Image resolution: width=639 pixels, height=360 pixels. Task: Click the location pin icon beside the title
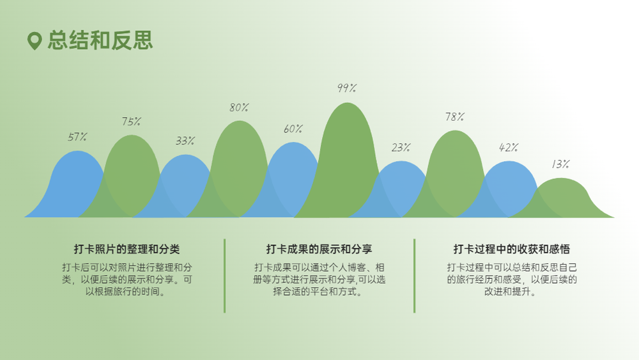[35, 41]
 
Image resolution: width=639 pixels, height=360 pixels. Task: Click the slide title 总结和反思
[100, 40]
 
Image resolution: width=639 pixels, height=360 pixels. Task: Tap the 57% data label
[77, 137]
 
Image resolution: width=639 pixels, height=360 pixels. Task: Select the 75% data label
[131, 121]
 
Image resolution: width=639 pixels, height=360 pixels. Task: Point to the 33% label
[185, 141]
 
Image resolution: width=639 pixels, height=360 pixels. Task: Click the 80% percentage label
[239, 107]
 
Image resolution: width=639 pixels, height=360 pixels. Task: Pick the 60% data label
[293, 129]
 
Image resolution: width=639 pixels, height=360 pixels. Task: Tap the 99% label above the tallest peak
[347, 88]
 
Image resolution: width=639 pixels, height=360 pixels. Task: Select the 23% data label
[401, 147]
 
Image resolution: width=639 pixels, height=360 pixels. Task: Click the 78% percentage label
[455, 117]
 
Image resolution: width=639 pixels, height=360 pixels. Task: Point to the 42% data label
[509, 147]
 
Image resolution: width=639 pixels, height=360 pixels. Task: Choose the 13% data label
[561, 164]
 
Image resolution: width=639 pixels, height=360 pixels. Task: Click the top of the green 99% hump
[347, 103]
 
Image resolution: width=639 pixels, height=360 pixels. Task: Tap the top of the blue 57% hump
[77, 152]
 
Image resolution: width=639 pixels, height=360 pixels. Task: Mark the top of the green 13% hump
[561, 178]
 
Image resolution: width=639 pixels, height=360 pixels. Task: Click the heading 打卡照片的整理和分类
[127, 249]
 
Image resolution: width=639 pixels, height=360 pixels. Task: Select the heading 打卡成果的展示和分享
[319, 249]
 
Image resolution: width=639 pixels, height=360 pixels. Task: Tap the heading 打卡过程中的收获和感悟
[511, 249]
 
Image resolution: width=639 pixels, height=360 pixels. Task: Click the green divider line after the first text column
[224, 276]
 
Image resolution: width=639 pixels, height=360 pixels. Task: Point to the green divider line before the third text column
[415, 276]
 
